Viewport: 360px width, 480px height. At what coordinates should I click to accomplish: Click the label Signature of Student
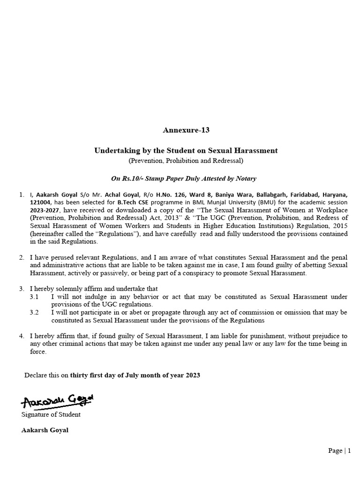pyautogui.click(x=51, y=414)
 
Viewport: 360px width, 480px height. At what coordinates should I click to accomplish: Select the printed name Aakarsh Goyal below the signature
pyautogui.click(x=45, y=430)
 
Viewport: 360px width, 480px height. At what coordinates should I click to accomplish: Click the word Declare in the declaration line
pyautogui.click(x=36, y=375)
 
